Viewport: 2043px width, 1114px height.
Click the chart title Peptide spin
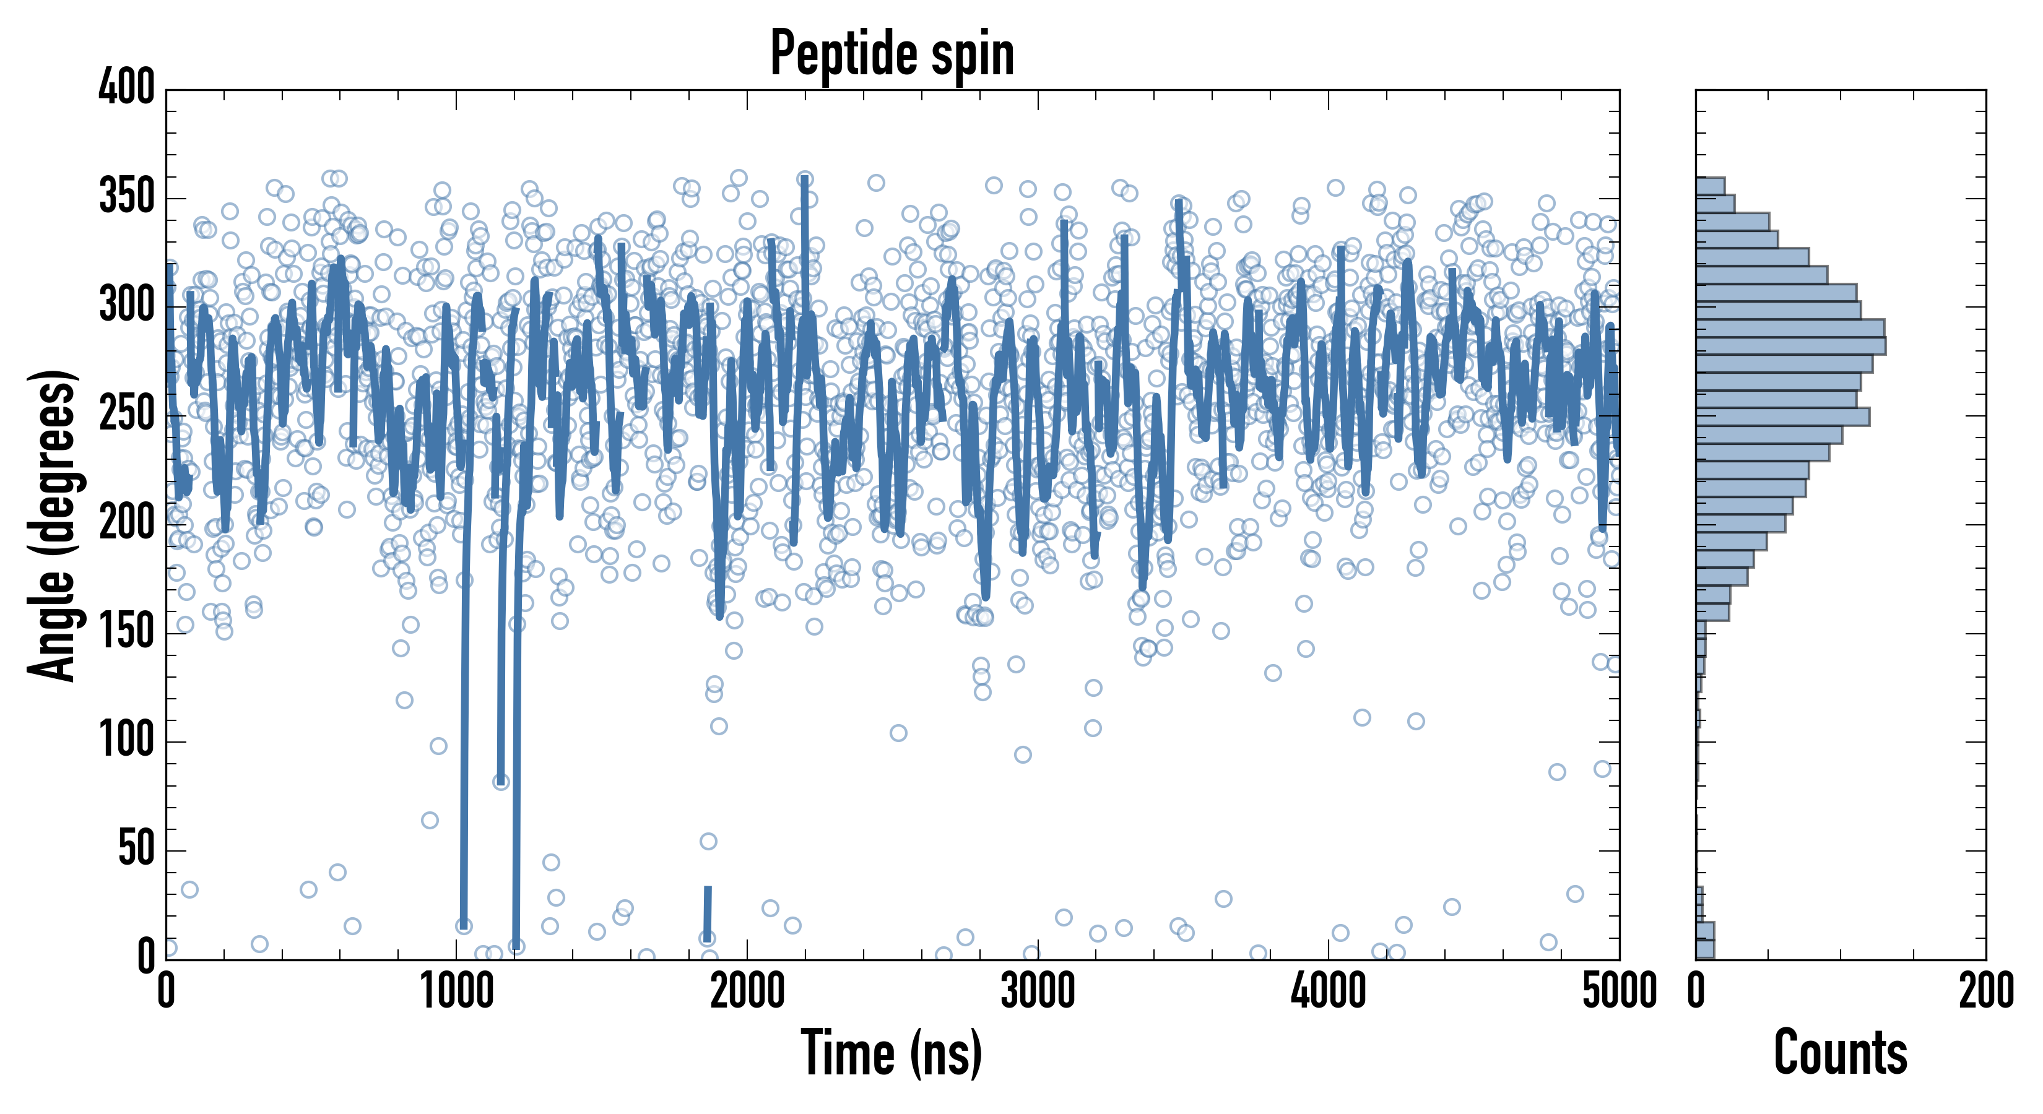(892, 54)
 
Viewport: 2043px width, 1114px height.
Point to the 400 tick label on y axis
(126, 87)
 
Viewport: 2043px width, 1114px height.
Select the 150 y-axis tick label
(126, 631)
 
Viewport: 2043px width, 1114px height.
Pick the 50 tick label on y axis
(136, 849)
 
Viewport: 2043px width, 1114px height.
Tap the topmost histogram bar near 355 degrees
(1710, 186)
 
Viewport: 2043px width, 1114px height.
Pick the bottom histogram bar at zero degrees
(1705, 949)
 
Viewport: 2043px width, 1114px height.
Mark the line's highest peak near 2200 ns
(805, 181)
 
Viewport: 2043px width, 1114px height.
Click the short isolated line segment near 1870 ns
(708, 912)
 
